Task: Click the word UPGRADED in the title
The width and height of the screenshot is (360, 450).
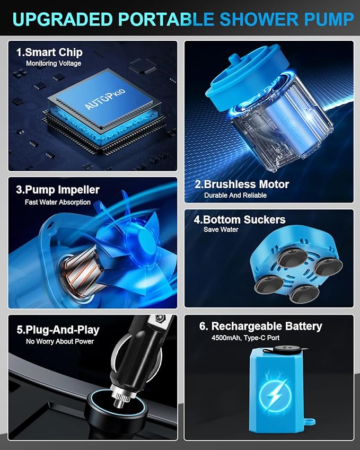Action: point(62,19)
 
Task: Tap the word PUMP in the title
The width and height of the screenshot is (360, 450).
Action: point(329,19)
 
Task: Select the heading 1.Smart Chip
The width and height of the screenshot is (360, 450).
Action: point(49,52)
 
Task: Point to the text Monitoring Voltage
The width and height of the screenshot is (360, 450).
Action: point(54,63)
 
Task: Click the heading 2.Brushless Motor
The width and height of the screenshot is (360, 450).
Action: point(242,184)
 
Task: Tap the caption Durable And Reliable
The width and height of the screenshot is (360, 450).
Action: point(235,195)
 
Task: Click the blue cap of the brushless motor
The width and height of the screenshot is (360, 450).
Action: point(244,77)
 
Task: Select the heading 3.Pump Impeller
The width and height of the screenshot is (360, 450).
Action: point(58,190)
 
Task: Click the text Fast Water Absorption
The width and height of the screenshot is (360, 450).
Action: point(58,202)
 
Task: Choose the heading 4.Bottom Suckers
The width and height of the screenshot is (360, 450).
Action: point(240,219)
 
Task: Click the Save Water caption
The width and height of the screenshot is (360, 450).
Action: point(221,230)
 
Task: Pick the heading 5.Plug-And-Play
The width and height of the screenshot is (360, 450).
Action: point(58,330)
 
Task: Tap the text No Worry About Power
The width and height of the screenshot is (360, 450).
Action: point(60,341)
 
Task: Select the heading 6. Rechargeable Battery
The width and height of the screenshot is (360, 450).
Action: point(261,327)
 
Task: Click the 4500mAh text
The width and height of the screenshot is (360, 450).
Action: point(226,338)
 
